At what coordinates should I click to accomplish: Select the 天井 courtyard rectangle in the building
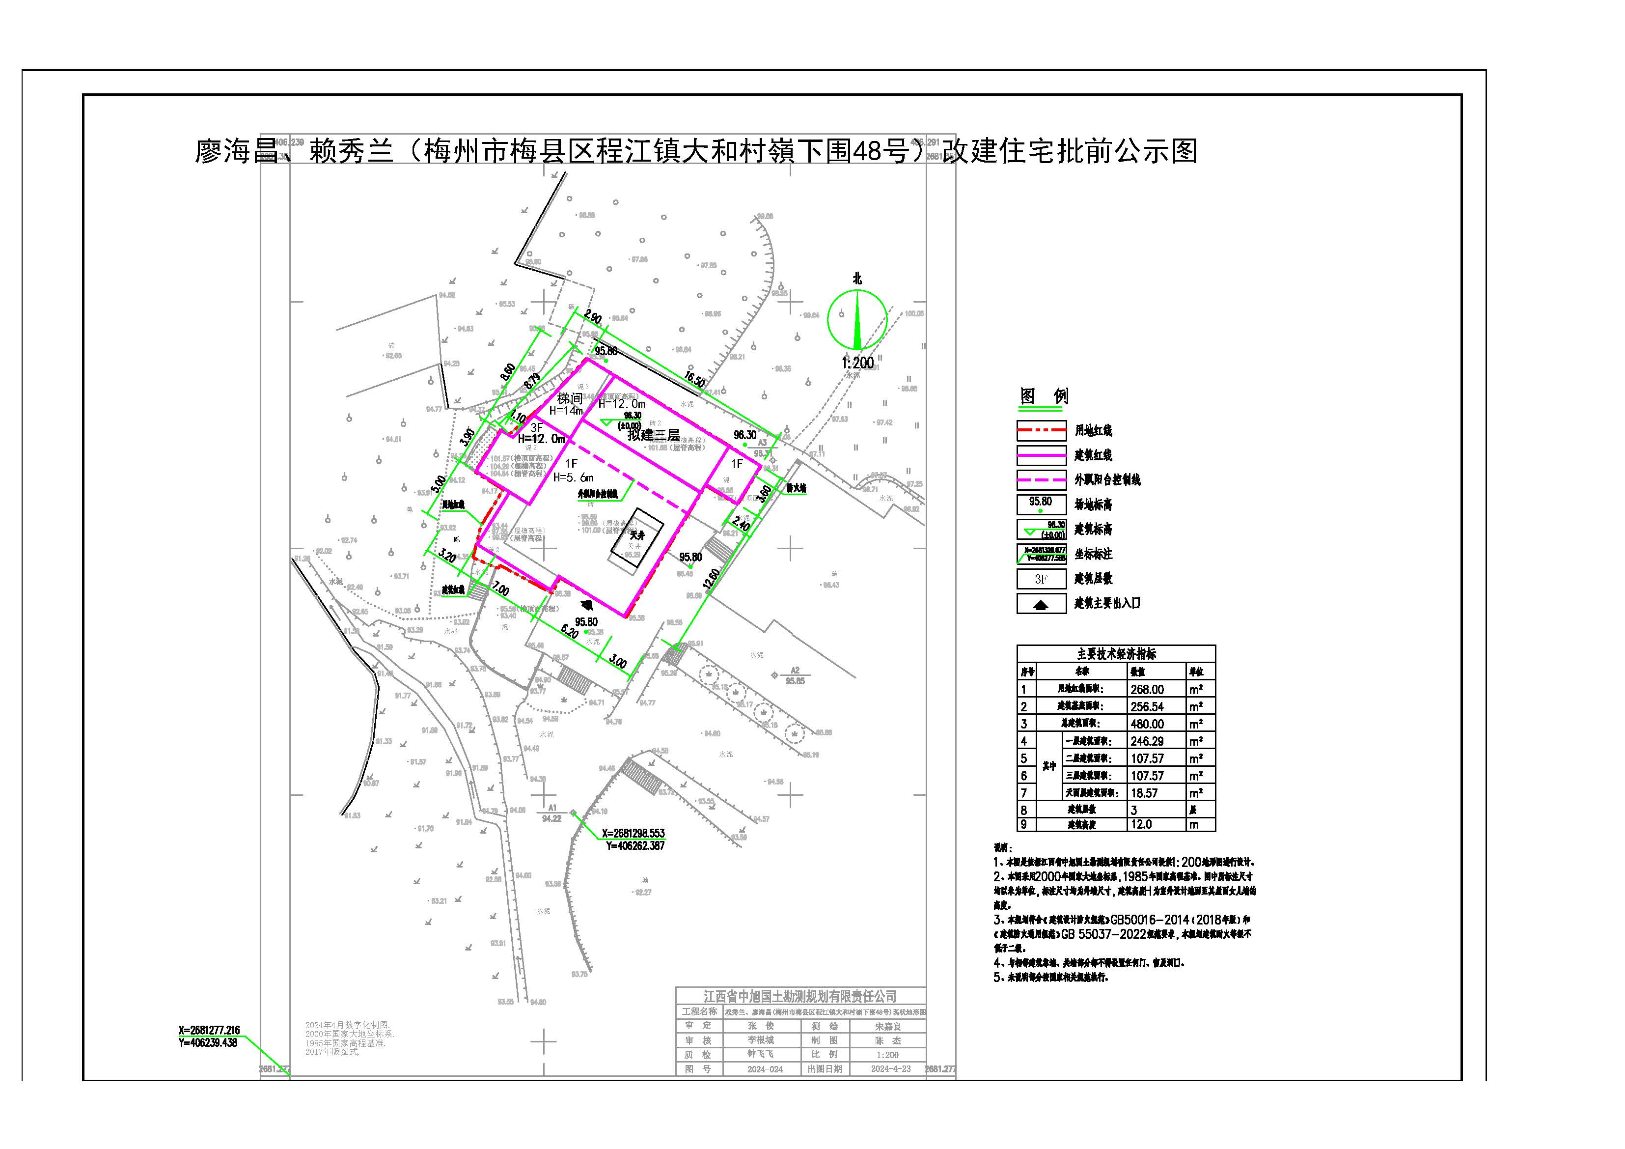(x=637, y=536)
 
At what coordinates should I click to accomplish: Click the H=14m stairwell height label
(x=566, y=411)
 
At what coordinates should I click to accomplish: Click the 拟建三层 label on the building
(x=653, y=435)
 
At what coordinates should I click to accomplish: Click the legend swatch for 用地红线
(x=1041, y=430)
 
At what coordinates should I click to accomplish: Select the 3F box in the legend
(x=1041, y=579)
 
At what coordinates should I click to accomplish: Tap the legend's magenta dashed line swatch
(x=1041, y=480)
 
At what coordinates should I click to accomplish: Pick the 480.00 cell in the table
(x=1147, y=724)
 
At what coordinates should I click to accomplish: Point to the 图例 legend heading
(x=1044, y=396)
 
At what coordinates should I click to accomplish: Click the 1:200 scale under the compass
(x=857, y=363)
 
